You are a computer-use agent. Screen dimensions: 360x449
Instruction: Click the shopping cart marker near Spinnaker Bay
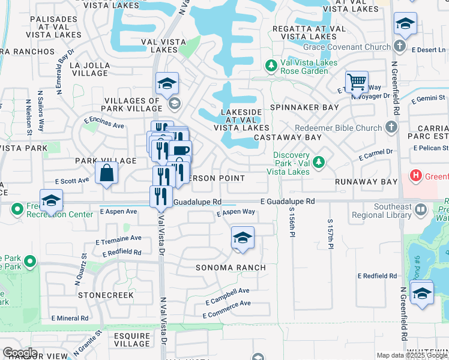(357, 81)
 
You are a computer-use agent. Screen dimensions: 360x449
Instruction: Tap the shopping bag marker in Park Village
(106, 173)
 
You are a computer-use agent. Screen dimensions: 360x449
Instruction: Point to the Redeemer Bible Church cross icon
(391, 127)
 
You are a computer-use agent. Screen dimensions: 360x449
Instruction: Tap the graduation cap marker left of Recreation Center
(52, 200)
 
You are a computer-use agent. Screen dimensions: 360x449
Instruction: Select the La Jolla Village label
(89, 69)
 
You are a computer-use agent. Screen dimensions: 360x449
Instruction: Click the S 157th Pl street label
(330, 234)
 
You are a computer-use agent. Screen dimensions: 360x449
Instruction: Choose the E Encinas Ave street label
(104, 123)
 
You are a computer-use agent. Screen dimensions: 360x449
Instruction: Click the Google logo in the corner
(20, 352)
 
